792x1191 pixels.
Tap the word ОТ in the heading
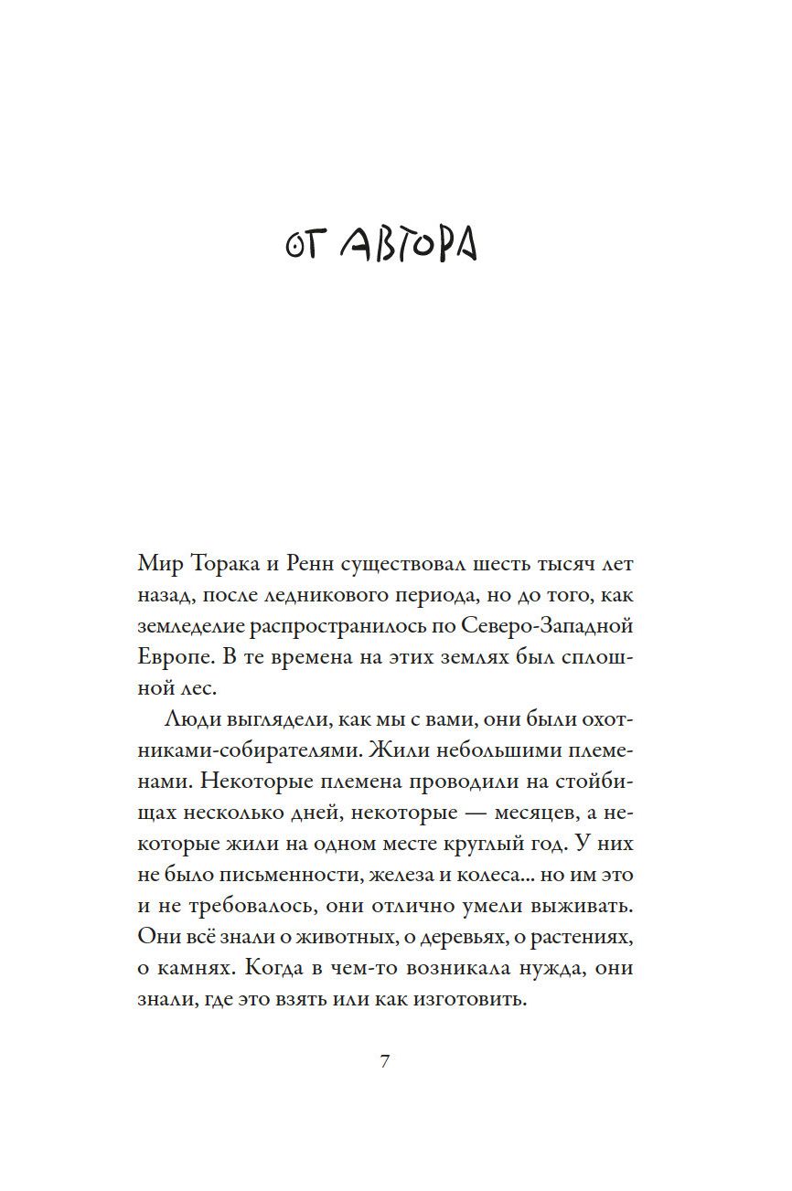301,246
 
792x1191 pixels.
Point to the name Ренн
323,563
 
